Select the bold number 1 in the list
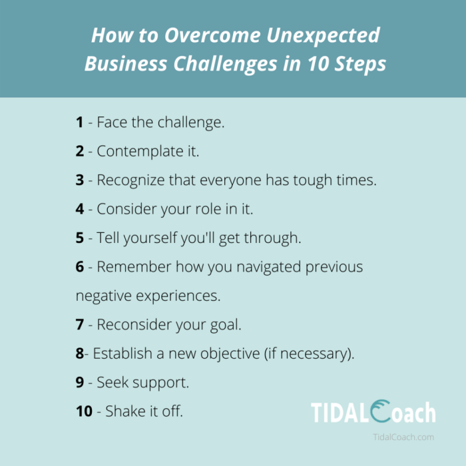pyautogui.click(x=80, y=122)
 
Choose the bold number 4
pyautogui.click(x=80, y=209)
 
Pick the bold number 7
pyautogui.click(x=80, y=325)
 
